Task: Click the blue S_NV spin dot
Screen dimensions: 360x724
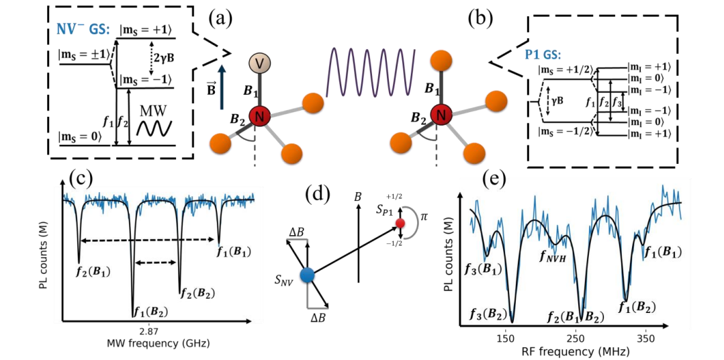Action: coord(308,274)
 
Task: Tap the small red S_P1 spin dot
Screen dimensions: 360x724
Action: coord(400,222)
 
